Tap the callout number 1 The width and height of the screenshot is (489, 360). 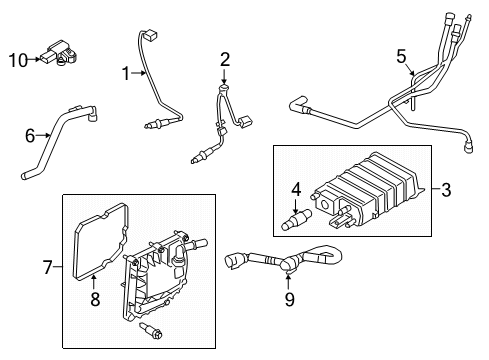[x=127, y=73]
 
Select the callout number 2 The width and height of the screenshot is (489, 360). [x=225, y=58]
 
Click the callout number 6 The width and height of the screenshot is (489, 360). [x=30, y=134]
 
